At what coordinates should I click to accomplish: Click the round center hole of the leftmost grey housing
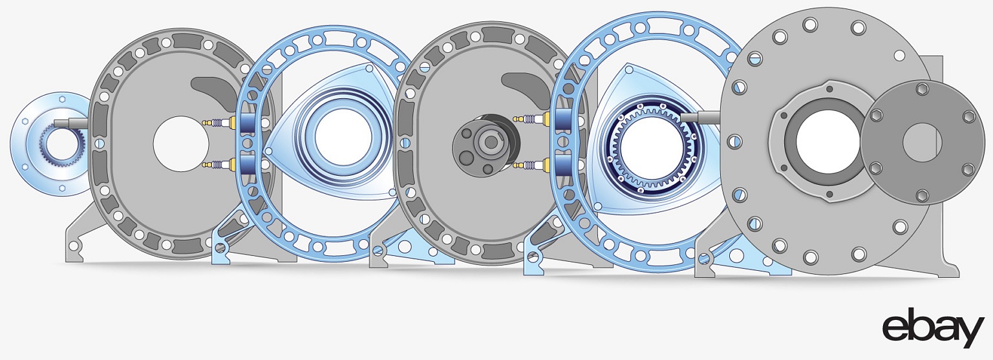(x=181, y=143)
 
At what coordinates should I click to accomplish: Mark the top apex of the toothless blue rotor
(x=368, y=69)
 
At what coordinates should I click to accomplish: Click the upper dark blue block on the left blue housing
(x=246, y=122)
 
